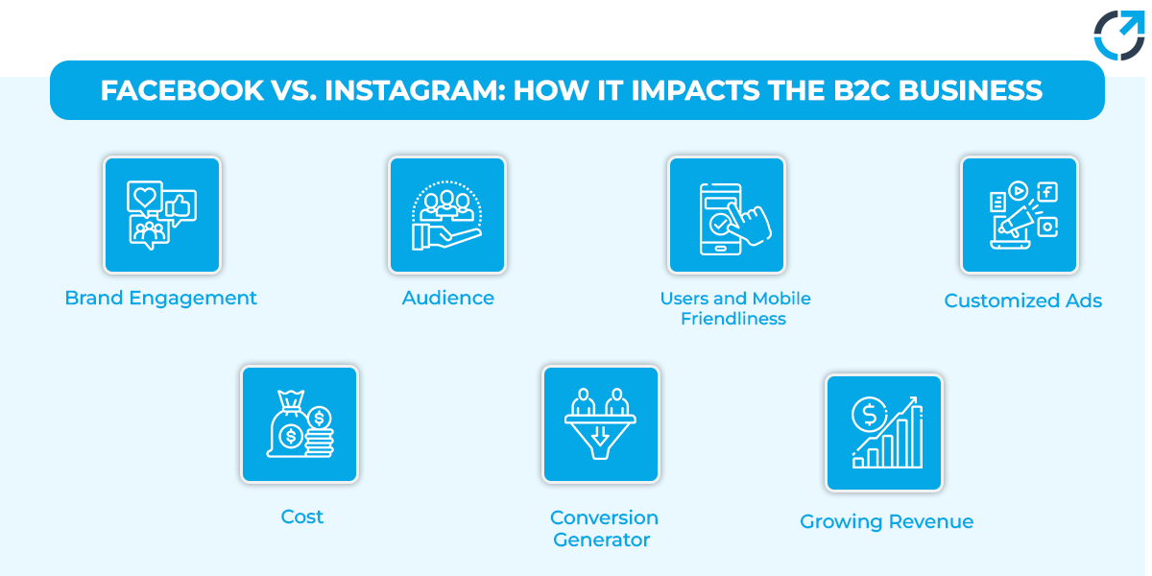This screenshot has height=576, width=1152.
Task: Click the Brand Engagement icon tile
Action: click(162, 215)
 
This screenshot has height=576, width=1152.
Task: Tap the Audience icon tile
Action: click(447, 215)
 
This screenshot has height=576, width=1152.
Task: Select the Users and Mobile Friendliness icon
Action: click(727, 215)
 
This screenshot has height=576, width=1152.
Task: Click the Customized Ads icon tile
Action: click(1020, 215)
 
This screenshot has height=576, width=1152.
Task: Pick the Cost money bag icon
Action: click(300, 423)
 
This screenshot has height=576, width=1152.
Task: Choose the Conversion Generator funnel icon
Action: click(601, 423)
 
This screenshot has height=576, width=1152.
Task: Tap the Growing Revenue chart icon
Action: click(884, 432)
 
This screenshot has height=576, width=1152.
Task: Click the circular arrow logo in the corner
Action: click(1118, 36)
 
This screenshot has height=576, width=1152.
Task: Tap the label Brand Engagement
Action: click(161, 299)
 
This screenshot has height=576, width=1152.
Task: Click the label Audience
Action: click(447, 299)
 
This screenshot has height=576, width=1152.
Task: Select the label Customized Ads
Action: click(1022, 301)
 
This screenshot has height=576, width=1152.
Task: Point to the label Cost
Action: click(301, 517)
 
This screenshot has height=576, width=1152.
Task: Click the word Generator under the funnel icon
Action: click(602, 540)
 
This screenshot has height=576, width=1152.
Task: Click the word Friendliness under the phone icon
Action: click(733, 320)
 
